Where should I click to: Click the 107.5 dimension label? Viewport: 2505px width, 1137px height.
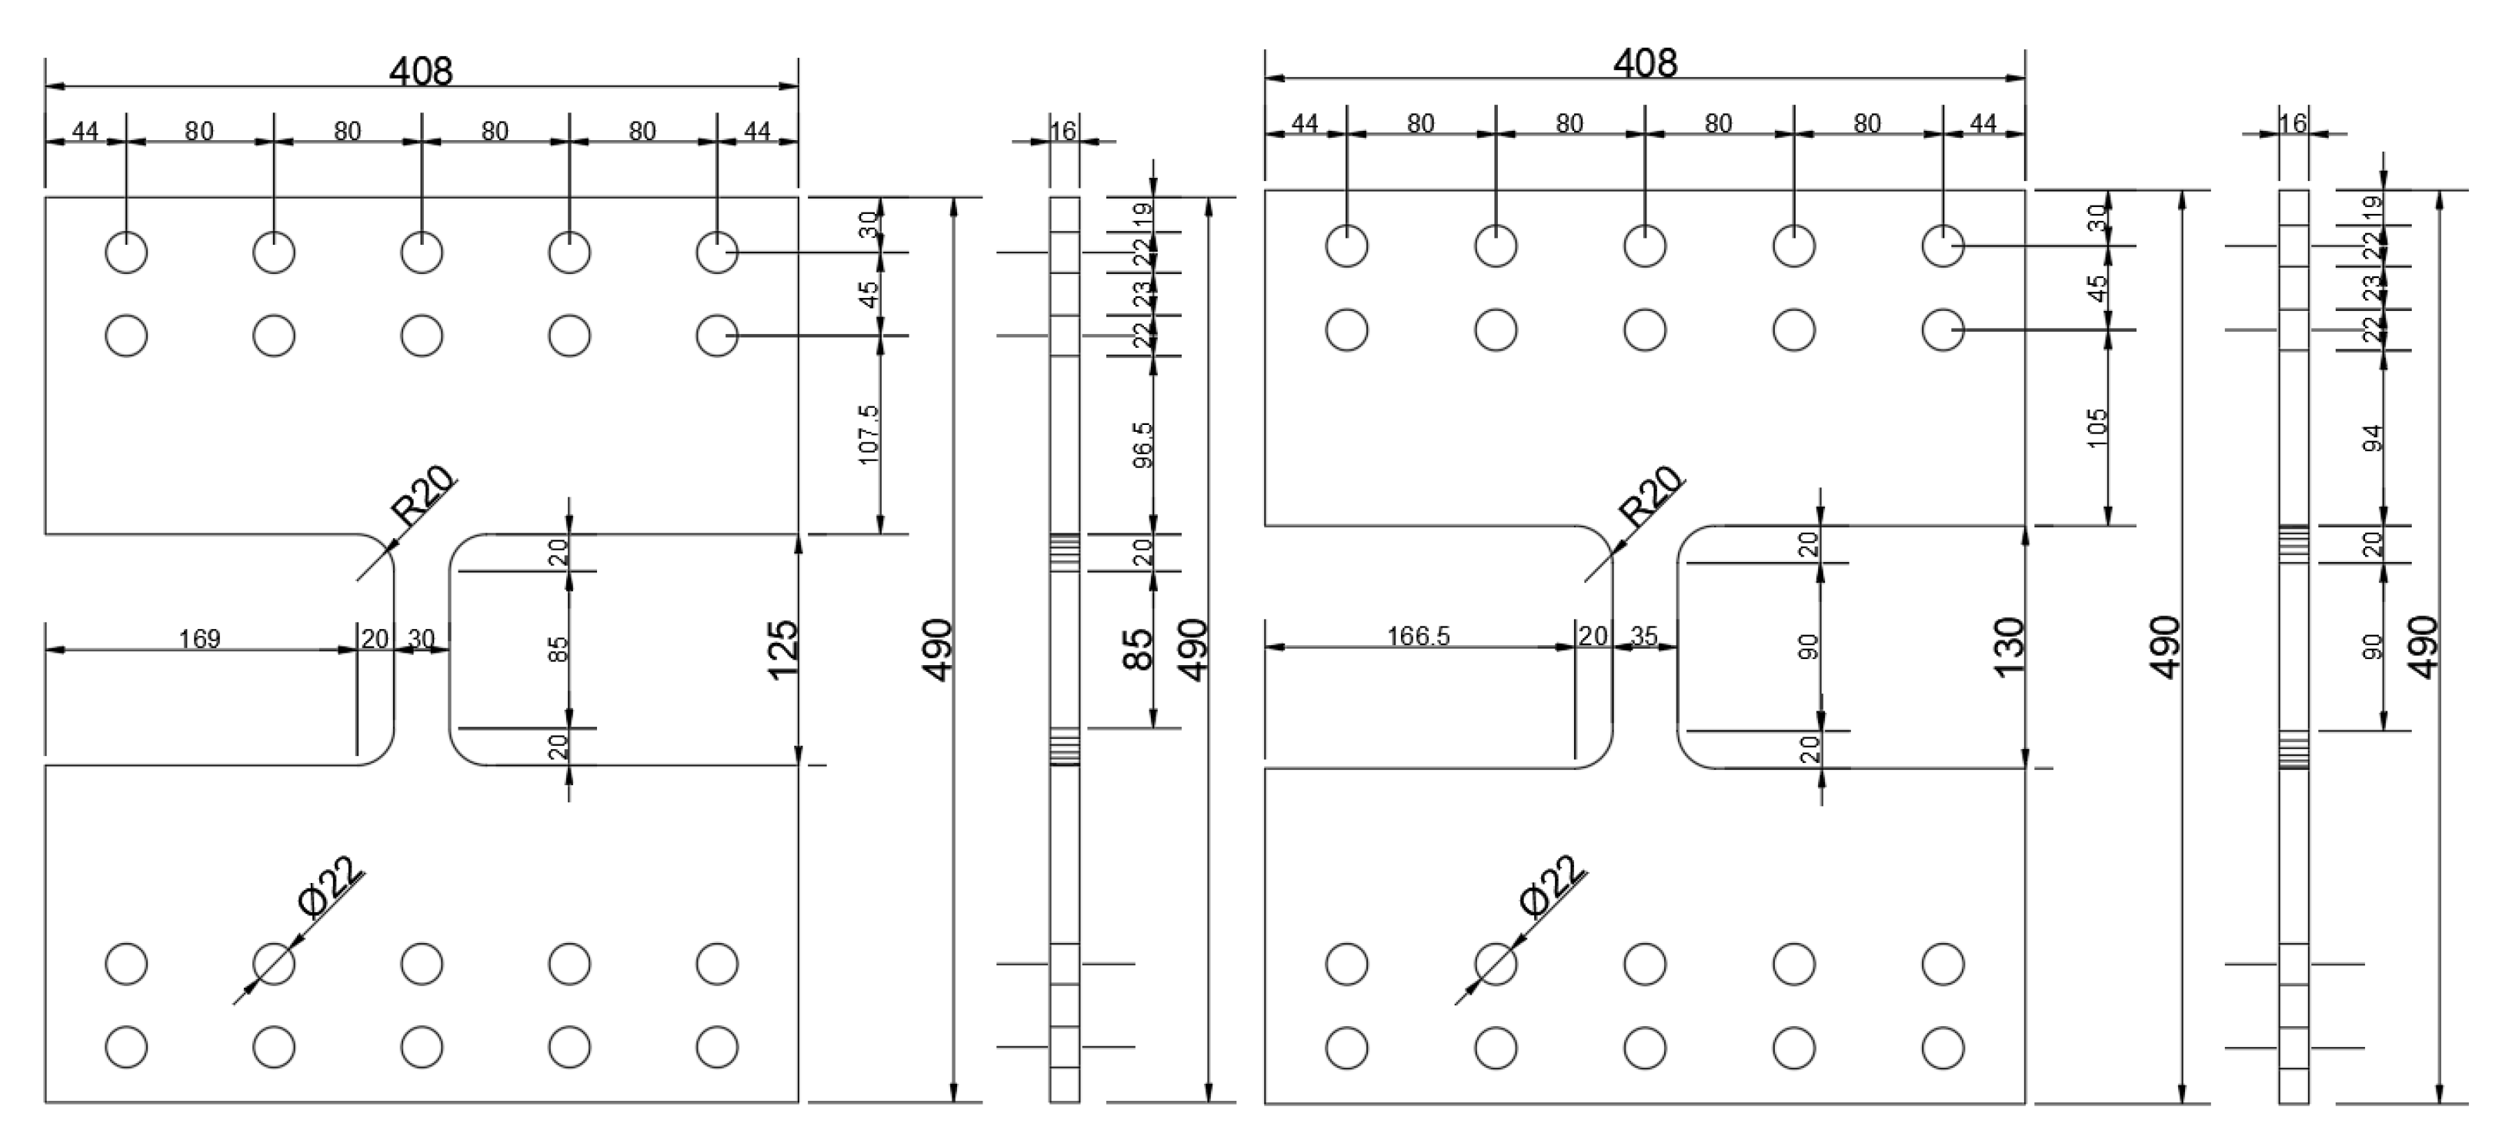tap(869, 434)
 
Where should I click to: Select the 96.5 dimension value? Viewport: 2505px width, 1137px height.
tap(1142, 444)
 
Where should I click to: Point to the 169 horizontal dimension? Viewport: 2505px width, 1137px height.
tap(199, 639)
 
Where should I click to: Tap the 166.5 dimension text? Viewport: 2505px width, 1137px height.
tap(1418, 636)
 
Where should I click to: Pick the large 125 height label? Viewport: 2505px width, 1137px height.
tap(782, 650)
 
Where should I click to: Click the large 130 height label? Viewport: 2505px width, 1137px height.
tap(2007, 647)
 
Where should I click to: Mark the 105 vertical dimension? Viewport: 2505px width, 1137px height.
tap(2096, 428)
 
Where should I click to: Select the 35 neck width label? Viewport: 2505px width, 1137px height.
tap(1643, 636)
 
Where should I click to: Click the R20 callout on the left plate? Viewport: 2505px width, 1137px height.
tap(422, 495)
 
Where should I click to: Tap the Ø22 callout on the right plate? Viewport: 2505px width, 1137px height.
tap(1551, 886)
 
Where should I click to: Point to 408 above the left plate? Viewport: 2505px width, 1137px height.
tap(421, 71)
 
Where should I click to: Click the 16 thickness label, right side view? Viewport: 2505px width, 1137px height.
tap(2293, 123)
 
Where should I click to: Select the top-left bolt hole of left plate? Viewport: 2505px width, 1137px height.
tap(126, 253)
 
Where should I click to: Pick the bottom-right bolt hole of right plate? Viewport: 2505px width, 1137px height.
tap(1942, 1048)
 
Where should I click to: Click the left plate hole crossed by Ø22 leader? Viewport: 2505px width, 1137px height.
tap(273, 964)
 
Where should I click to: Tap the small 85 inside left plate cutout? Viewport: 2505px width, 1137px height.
tap(557, 649)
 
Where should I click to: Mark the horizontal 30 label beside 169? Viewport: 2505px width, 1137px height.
tap(421, 639)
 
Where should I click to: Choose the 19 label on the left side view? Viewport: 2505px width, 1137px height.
tap(1143, 210)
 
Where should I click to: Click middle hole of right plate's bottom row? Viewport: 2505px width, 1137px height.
tap(1644, 1048)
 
